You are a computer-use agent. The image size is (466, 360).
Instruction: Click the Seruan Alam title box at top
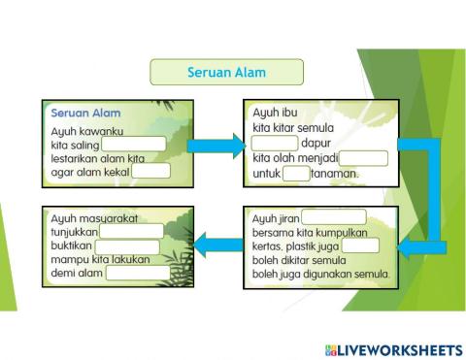click(225, 72)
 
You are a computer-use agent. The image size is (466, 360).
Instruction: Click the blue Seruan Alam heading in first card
click(85, 114)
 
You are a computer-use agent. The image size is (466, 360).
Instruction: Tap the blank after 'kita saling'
click(133, 144)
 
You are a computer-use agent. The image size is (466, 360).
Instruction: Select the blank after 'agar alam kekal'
click(150, 171)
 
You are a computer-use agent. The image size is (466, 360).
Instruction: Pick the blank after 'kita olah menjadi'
click(364, 158)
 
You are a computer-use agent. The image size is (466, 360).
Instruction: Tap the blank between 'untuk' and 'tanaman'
click(296, 174)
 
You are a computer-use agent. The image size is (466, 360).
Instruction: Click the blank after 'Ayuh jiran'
click(333, 217)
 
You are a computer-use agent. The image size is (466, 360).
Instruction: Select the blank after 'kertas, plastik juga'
click(360, 245)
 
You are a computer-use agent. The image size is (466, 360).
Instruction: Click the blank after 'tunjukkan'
click(131, 231)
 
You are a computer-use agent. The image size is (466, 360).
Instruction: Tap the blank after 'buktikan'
click(126, 245)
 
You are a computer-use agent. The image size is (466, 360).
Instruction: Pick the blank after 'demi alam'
click(138, 273)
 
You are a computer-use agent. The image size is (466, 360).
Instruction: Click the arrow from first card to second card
click(215, 146)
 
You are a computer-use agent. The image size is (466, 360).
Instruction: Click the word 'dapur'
click(316, 143)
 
